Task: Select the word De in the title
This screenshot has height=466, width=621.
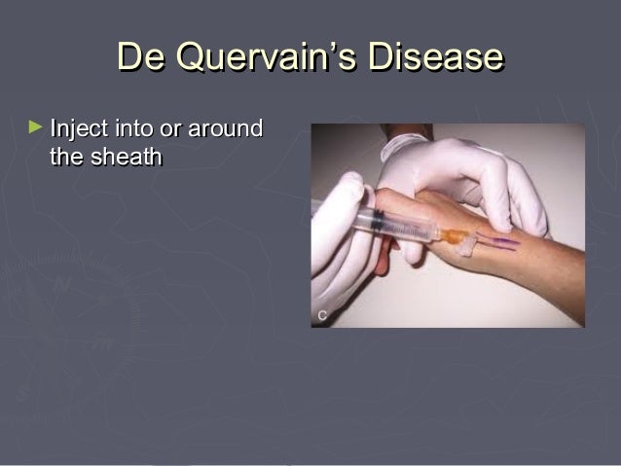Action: [x=137, y=57]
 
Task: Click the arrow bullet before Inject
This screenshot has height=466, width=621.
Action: [x=37, y=126]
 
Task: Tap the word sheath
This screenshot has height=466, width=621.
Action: [x=126, y=156]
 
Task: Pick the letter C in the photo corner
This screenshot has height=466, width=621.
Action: [x=320, y=314]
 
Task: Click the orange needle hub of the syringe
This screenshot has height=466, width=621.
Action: [x=452, y=235]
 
